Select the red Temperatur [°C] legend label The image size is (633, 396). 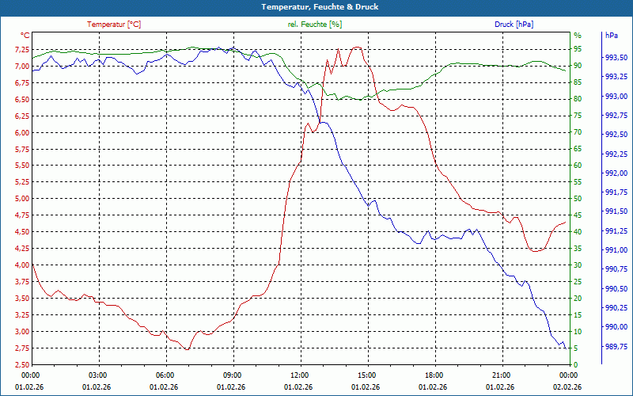pyautogui.click(x=114, y=25)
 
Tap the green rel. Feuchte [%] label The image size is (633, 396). pyautogui.click(x=315, y=25)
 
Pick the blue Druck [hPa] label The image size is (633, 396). pyautogui.click(x=514, y=25)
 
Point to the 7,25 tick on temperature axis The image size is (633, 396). pyautogui.click(x=17, y=49)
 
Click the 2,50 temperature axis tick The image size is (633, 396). pyautogui.click(x=17, y=364)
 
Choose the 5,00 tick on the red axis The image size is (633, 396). pyautogui.click(x=17, y=199)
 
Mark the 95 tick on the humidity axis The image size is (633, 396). pyautogui.click(x=577, y=49)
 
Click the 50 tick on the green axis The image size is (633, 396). pyautogui.click(x=577, y=199)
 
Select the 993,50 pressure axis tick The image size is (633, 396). pyautogui.click(x=616, y=58)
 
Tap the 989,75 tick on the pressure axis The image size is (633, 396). pyautogui.click(x=616, y=346)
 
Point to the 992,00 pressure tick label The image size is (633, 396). pyautogui.click(x=616, y=173)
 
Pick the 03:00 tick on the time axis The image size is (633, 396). pyautogui.click(x=98, y=375)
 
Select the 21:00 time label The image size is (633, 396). pyautogui.click(x=501, y=375)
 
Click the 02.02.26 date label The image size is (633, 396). pyautogui.click(x=568, y=386)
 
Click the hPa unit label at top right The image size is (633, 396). pyautogui.click(x=612, y=36)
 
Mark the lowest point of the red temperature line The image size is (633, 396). pyautogui.click(x=188, y=349)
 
